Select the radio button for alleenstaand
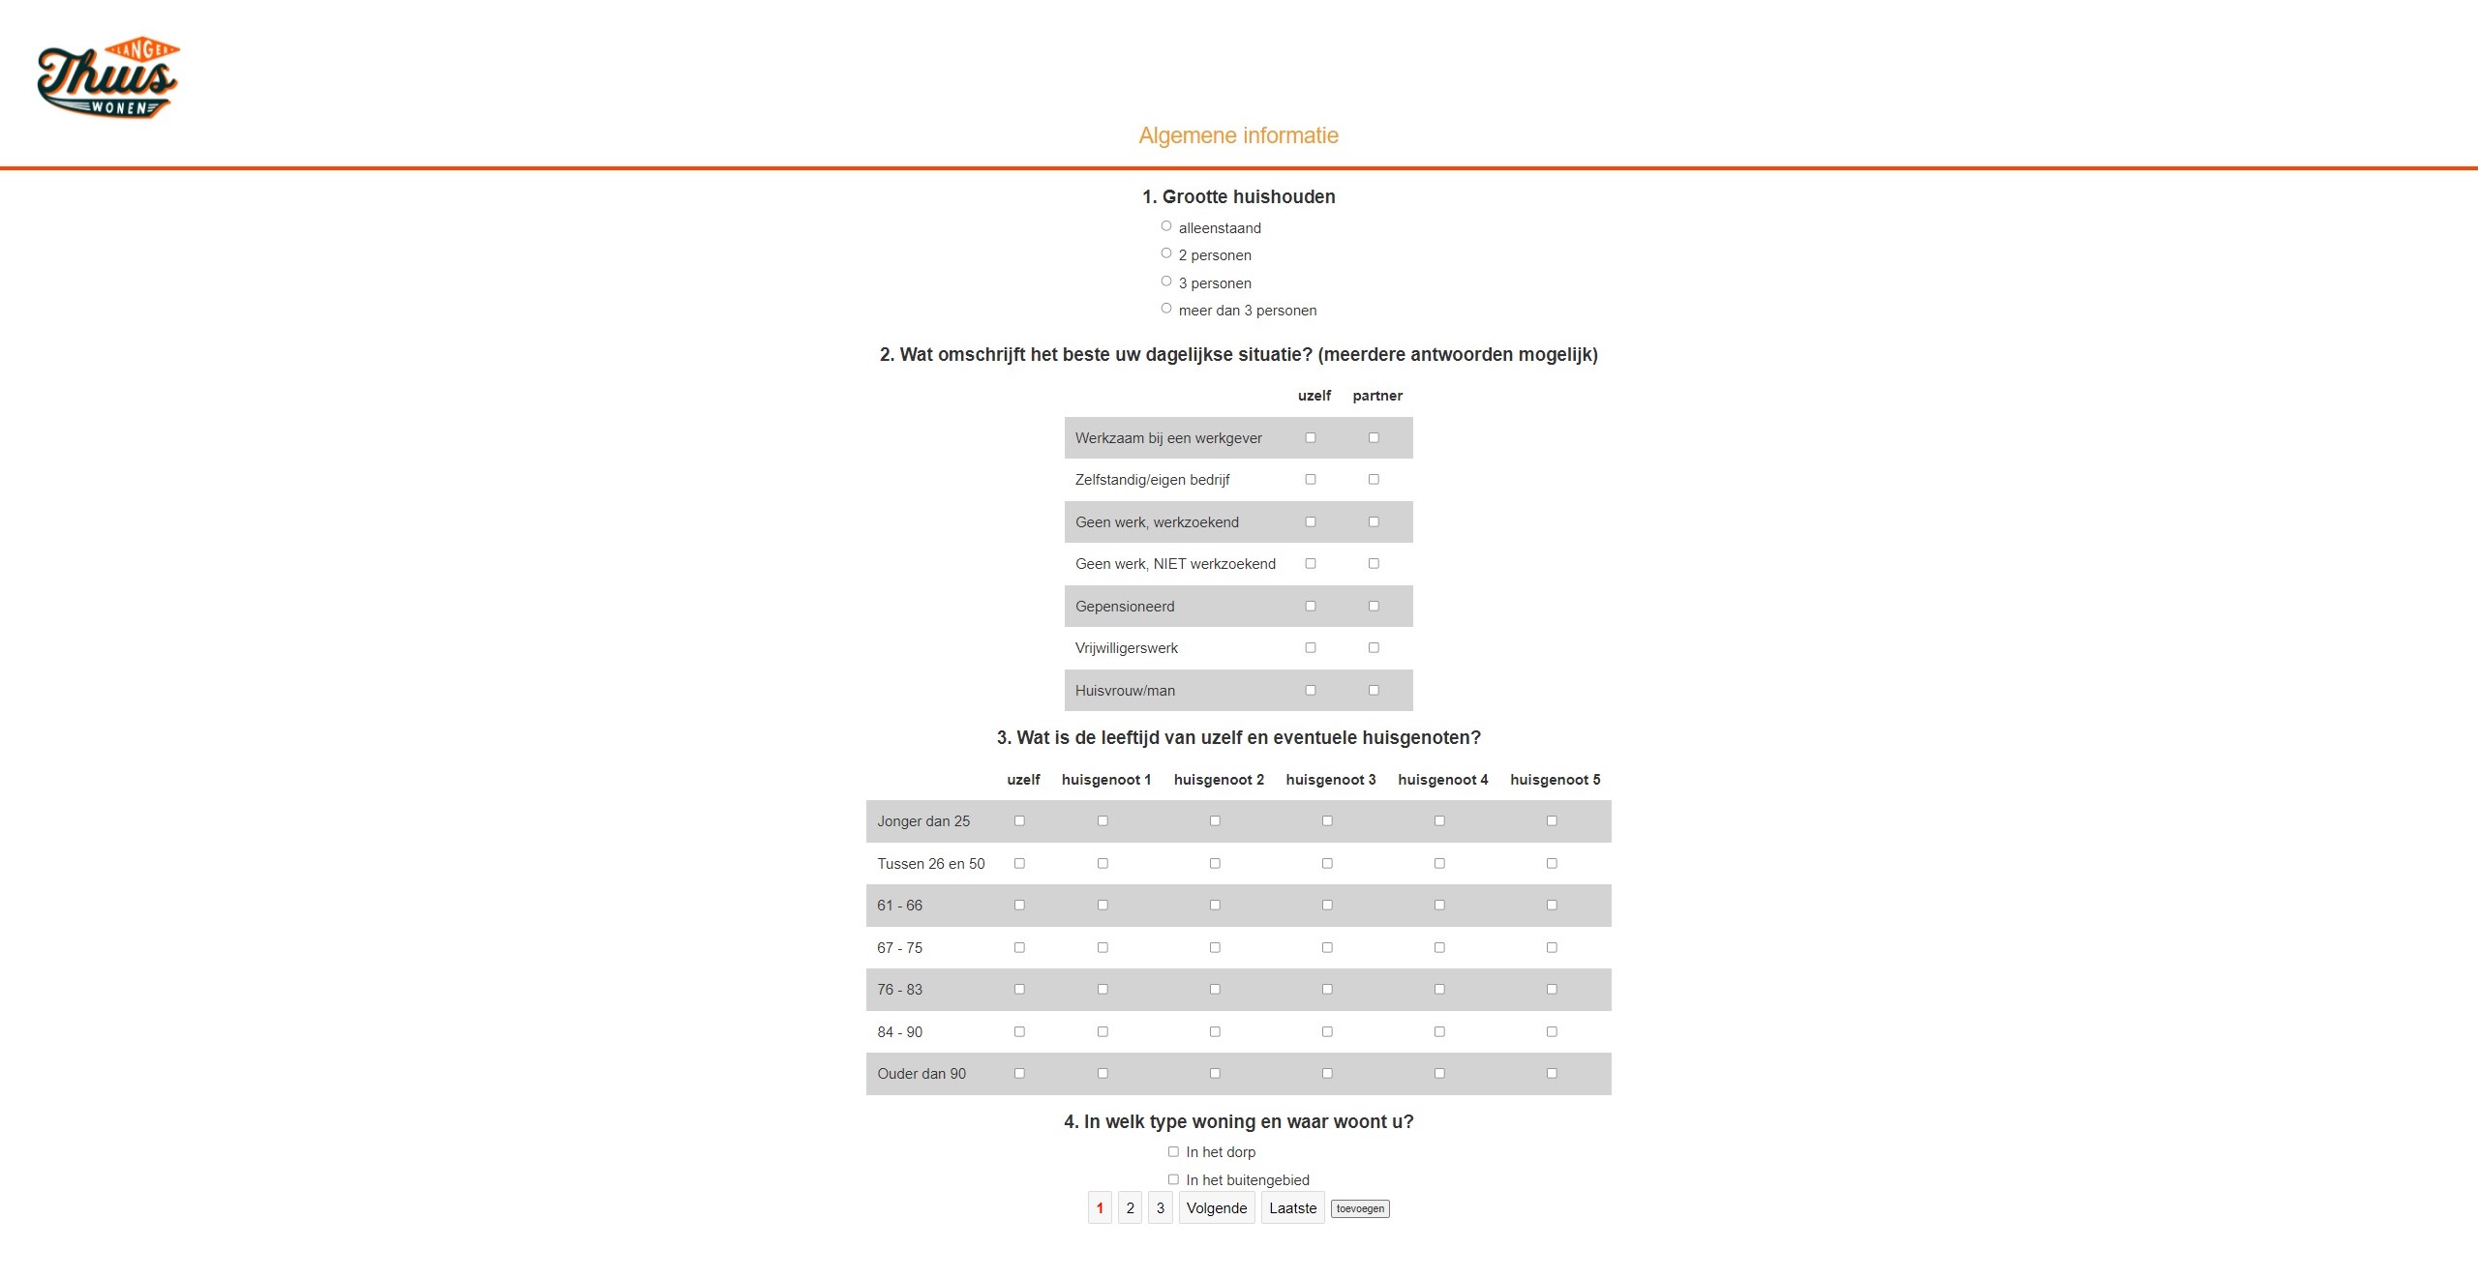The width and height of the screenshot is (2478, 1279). (1166, 226)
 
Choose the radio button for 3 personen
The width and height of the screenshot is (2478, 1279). (1166, 282)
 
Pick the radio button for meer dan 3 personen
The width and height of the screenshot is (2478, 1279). (1166, 309)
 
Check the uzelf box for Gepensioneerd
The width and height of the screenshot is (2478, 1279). (1311, 607)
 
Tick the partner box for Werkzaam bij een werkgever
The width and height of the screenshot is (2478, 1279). (1374, 438)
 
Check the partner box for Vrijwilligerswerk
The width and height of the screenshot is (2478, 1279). (1374, 648)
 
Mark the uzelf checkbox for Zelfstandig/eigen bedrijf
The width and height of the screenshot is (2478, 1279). (1311, 480)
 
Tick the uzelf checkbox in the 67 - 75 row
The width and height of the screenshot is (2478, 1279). (1019, 948)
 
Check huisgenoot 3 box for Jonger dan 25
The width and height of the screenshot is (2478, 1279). (1327, 821)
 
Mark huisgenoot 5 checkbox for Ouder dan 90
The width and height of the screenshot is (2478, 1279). (1552, 1074)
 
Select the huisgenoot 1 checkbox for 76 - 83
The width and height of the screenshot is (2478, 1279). (1103, 990)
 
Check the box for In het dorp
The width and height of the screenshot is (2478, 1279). (1173, 1152)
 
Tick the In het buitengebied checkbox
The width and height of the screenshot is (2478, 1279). (1173, 1179)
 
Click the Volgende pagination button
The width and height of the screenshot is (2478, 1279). (1217, 1208)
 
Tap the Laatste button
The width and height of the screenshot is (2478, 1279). (1292, 1208)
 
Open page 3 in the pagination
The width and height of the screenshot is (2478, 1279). (1161, 1208)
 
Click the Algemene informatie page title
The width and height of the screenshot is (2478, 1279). (1238, 135)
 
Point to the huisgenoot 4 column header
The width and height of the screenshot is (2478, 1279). (1442, 780)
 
